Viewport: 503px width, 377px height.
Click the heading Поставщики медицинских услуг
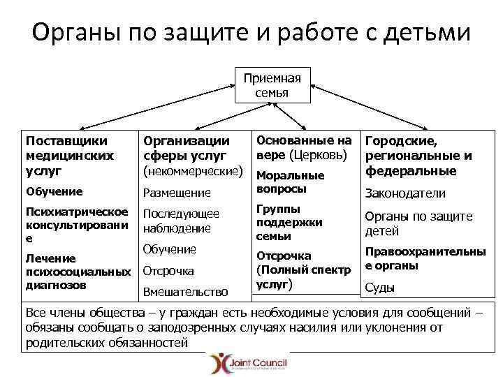click(70, 156)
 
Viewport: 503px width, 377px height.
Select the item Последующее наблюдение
click(180, 221)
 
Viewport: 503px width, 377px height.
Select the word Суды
click(380, 287)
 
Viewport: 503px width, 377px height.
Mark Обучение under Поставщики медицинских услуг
click(54, 191)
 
